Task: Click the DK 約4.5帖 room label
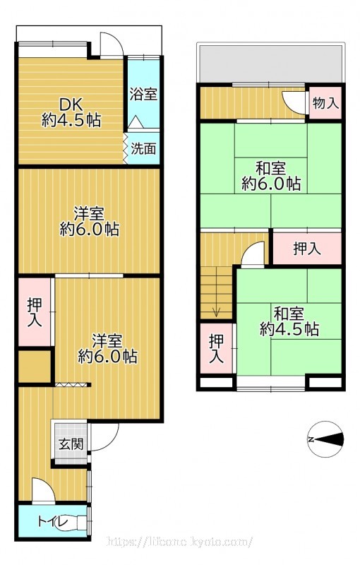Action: click(71, 112)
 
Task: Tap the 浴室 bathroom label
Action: click(143, 95)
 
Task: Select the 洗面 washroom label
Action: click(143, 148)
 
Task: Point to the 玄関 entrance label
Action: click(71, 444)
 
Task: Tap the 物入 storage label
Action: click(326, 103)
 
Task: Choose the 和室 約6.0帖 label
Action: click(271, 176)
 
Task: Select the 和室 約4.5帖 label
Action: click(289, 321)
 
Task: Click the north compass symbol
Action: click(325, 439)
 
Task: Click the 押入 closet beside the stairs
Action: click(217, 348)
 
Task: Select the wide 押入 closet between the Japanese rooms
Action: click(307, 249)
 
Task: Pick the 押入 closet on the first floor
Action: click(35, 312)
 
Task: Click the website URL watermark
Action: click(179, 542)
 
